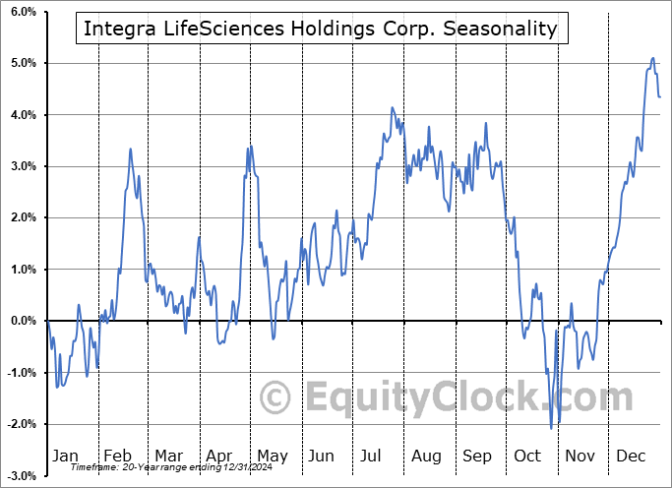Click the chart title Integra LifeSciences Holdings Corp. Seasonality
tap(321, 30)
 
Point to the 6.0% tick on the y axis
tap(21, 12)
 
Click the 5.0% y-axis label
tap(21, 63)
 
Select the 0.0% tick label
tap(21, 321)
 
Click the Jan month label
tap(64, 456)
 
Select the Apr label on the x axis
tap(220, 456)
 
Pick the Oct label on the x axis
tap(528, 456)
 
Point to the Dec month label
tap(632, 456)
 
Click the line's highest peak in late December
tap(652, 59)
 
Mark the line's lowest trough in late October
tap(551, 428)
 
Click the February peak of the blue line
tap(131, 149)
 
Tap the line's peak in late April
tap(251, 146)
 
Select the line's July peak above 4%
tap(392, 107)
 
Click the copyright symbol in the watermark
tap(275, 397)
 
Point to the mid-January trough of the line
tap(57, 387)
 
